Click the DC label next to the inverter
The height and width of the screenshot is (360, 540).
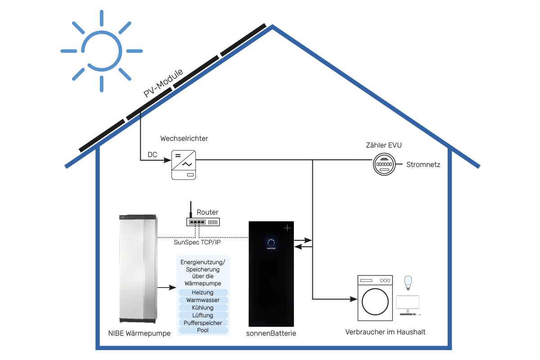click(153, 155)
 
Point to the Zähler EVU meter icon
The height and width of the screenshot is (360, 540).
click(383, 165)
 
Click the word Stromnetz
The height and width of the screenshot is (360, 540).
click(423, 165)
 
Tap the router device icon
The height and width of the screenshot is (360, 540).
click(203, 221)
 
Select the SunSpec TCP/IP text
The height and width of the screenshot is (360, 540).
click(197, 242)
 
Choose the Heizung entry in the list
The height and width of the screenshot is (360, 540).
click(202, 292)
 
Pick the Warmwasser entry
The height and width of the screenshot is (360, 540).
click(202, 300)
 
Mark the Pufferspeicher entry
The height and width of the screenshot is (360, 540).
click(202, 323)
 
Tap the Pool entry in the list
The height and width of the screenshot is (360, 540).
click(202, 330)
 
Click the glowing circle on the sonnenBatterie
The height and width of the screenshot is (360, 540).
click(271, 241)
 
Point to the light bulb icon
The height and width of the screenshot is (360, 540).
click(409, 282)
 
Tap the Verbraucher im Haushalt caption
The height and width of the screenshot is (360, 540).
click(385, 332)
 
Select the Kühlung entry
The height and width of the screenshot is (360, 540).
click(202, 308)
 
